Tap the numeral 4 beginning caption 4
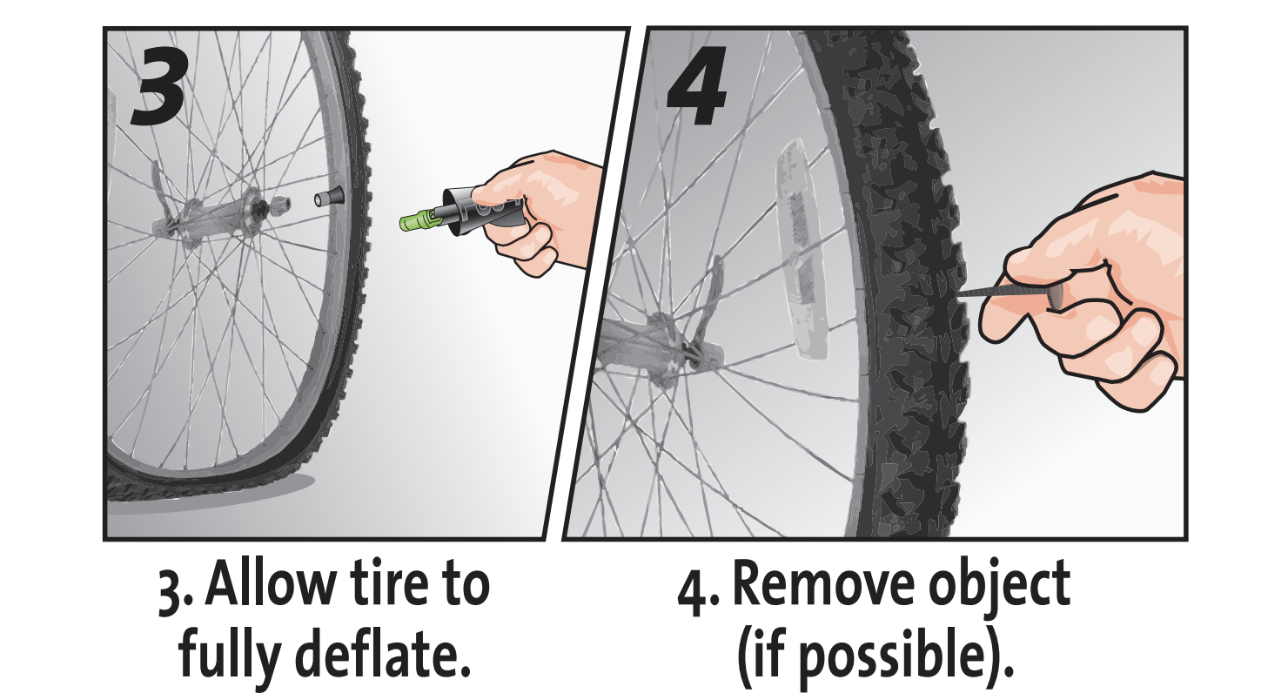pos(688,592)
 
